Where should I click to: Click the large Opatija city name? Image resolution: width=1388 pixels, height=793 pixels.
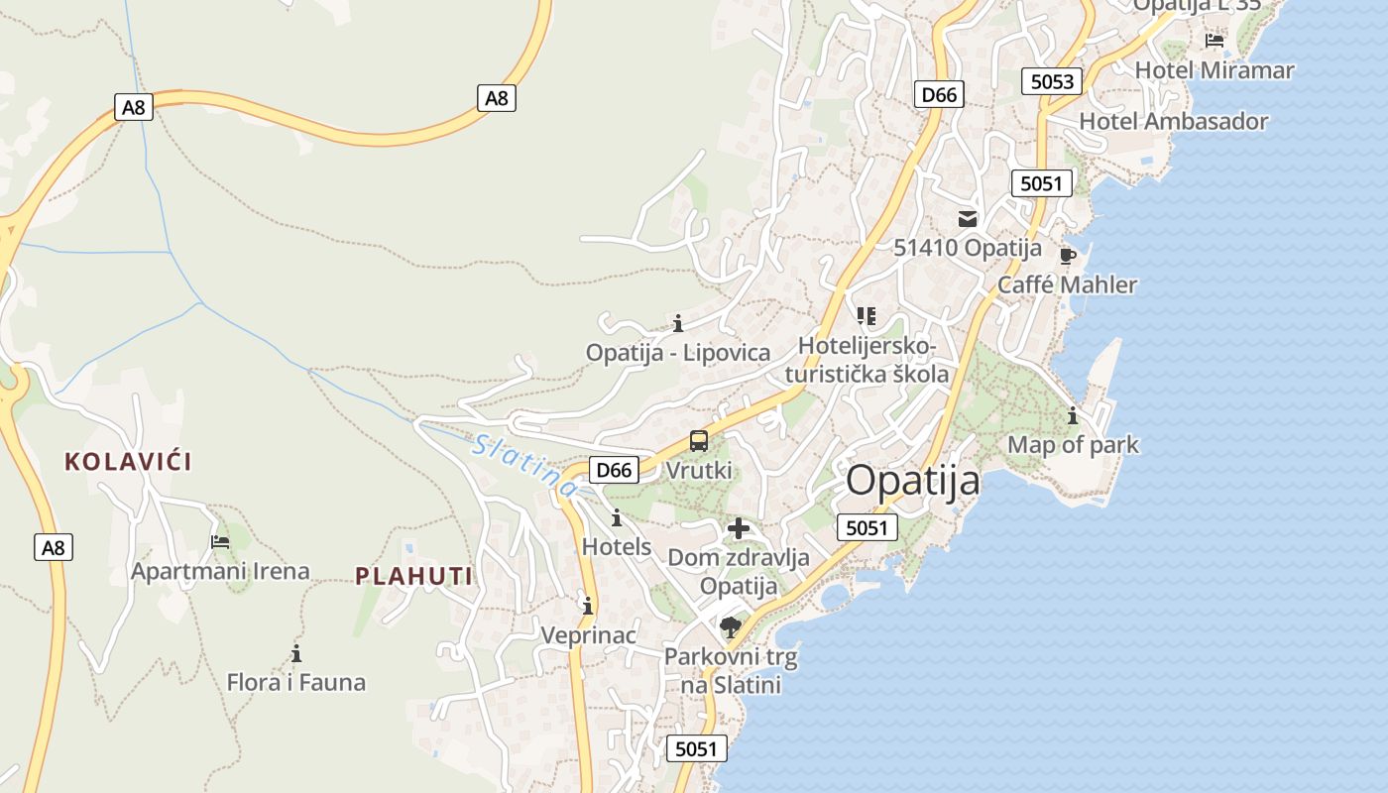point(913,481)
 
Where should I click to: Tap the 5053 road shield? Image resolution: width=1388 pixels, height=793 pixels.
point(1052,81)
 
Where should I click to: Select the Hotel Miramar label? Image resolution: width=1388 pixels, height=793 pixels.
point(1214,70)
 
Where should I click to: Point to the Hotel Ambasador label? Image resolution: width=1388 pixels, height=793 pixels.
point(1174,121)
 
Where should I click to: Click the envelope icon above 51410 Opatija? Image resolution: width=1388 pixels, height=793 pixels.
point(968,219)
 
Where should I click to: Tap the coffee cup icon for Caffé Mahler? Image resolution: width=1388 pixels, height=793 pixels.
point(1067,256)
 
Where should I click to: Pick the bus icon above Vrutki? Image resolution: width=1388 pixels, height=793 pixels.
point(699,441)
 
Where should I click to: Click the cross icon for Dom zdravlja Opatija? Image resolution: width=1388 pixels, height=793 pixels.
point(739,528)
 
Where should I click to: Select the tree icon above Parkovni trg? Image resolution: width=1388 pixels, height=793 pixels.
point(731,626)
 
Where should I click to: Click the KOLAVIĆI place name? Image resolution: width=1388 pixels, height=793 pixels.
point(128,461)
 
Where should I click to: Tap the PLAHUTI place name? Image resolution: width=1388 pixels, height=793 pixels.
point(413,576)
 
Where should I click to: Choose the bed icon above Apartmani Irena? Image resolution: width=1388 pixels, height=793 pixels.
point(220,542)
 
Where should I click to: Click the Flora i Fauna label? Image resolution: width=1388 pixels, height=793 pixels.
point(296,682)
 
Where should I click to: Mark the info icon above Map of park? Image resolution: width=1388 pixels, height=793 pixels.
point(1072,416)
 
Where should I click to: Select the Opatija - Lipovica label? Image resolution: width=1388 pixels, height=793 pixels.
point(678,352)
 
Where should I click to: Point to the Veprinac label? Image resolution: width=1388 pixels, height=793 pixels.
point(588,634)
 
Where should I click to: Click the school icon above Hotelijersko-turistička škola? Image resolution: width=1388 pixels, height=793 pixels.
point(867,316)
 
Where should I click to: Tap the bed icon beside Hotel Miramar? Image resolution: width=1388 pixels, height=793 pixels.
point(1214,41)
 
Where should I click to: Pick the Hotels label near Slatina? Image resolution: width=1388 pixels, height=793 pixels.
point(617,546)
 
